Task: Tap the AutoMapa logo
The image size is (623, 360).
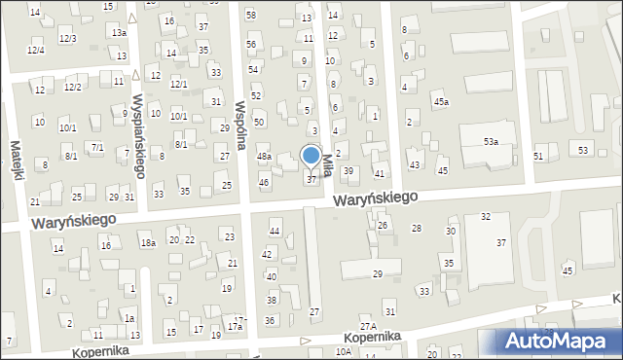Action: coord(560,341)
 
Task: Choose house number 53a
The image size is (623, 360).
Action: coord(492,142)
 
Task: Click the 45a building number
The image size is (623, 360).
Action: coord(442,102)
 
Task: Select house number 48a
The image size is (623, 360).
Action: coord(264,156)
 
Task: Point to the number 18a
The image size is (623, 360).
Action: coord(147,242)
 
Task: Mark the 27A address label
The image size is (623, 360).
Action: coord(367,325)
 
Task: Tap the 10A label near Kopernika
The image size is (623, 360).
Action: coord(343,351)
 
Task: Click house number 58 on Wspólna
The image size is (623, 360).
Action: coord(250,15)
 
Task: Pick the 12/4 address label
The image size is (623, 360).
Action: coord(35,50)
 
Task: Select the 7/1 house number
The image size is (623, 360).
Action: coord(97,147)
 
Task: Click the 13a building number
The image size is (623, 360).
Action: coord(119,32)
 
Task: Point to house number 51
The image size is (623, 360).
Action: coord(538,156)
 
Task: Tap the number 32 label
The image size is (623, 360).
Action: coord(485,216)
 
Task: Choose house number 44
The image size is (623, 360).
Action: coord(275,231)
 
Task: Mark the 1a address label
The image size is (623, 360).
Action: coord(128,318)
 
